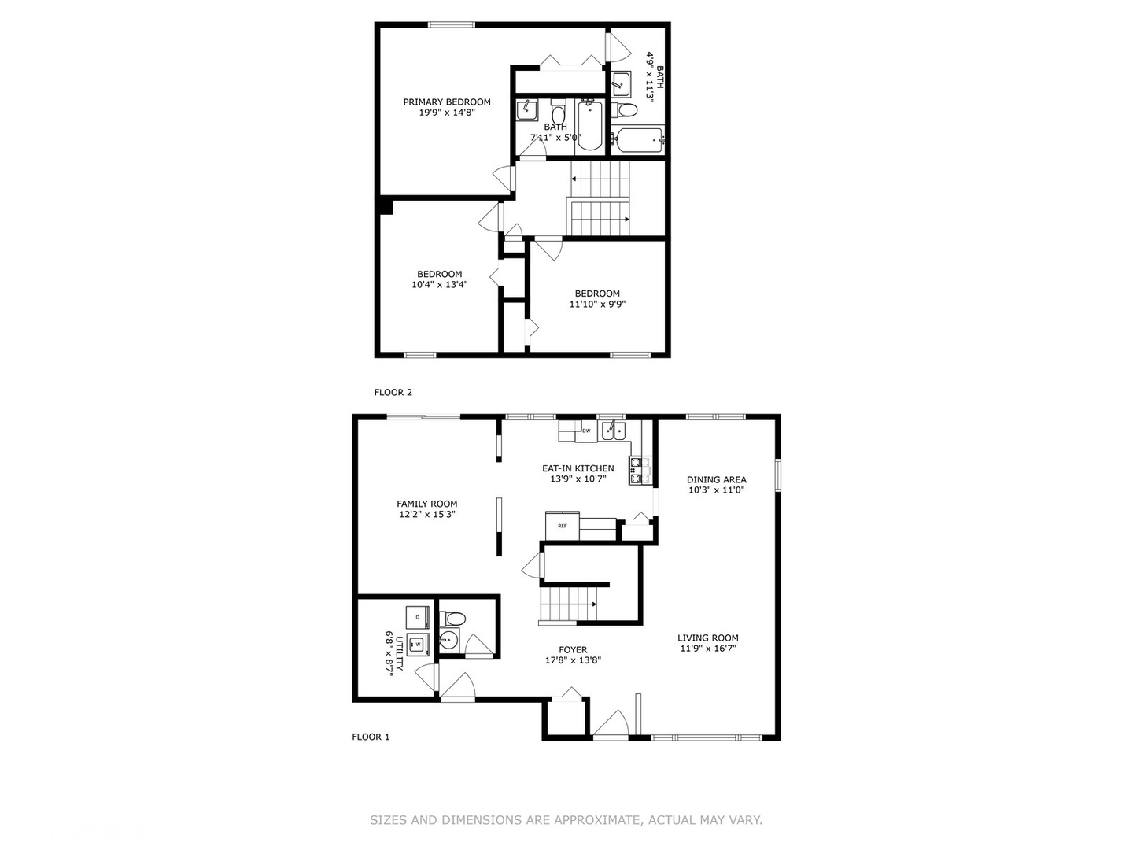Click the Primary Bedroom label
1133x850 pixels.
coord(447,102)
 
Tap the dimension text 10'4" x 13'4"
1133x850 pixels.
coord(439,285)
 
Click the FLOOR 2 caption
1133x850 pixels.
coord(393,392)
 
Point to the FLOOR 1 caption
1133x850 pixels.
coord(371,737)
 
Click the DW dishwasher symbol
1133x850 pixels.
coord(586,431)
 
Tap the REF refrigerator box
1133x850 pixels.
coord(563,525)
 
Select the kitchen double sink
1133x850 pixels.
coord(613,431)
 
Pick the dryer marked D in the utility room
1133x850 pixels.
coord(417,616)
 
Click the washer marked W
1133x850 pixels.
coord(418,645)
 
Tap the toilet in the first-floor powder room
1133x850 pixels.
coord(453,618)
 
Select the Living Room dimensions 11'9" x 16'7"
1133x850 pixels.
coord(708,649)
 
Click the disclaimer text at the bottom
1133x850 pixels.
coord(566,820)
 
